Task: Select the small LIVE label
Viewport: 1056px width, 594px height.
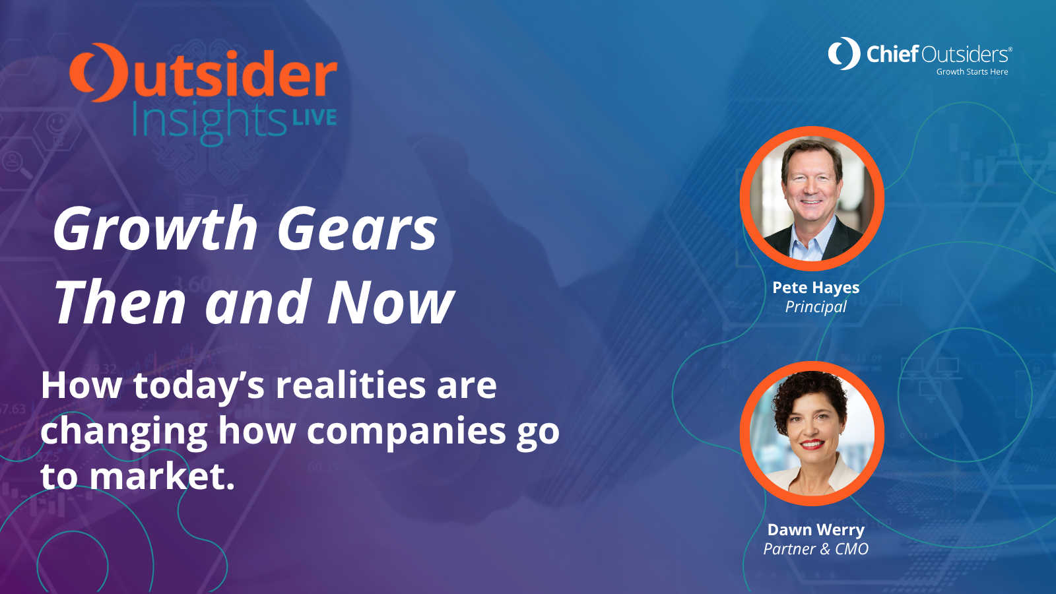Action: point(314,117)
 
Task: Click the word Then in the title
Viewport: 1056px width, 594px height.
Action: point(121,302)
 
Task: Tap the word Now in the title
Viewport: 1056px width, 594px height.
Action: point(391,302)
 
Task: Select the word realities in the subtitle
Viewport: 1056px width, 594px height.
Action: point(350,385)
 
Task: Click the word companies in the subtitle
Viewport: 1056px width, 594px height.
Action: point(407,431)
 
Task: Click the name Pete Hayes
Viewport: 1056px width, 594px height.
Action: point(816,288)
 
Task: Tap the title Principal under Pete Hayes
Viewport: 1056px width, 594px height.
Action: point(816,308)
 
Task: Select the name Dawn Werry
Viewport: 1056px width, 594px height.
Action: point(816,530)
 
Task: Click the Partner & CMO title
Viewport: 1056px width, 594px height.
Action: point(816,549)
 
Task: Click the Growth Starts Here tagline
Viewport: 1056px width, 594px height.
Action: point(972,72)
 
